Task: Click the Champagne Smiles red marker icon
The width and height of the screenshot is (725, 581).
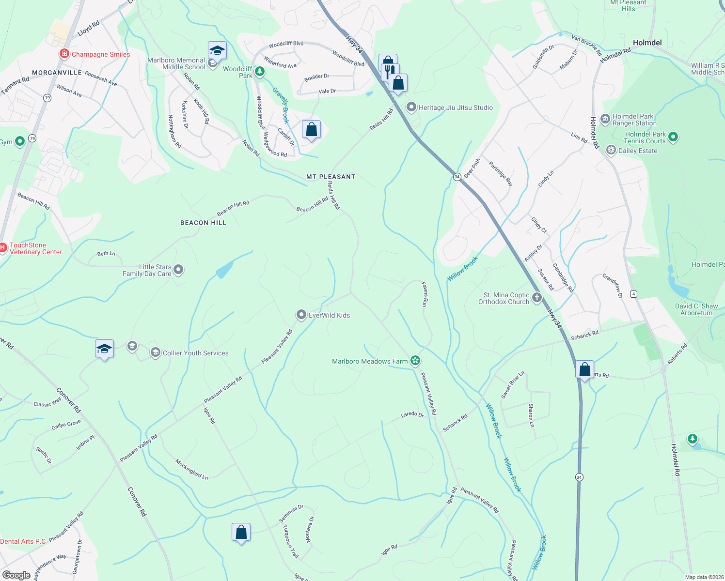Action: [64, 54]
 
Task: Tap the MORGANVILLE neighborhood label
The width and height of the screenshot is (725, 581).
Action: [57, 73]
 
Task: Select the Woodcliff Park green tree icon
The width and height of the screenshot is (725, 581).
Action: [260, 72]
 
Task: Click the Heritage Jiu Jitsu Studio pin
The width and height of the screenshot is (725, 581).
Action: [411, 107]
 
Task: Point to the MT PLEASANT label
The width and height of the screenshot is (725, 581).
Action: [331, 177]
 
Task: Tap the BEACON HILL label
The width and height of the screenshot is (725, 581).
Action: [203, 223]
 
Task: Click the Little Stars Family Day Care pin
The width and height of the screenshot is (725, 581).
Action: [178, 270]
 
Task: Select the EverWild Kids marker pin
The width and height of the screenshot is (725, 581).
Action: [301, 315]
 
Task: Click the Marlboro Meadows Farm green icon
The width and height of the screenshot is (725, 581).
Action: [415, 360]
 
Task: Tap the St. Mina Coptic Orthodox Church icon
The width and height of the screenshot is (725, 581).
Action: [536, 298]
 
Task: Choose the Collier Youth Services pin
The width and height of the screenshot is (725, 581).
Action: [156, 352]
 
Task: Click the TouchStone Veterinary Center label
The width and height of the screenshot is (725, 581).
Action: [36, 249]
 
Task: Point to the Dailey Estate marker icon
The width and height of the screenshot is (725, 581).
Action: [612, 150]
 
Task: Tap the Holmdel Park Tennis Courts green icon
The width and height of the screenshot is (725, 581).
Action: [673, 138]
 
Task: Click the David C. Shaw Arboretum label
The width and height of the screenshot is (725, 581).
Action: [696, 309]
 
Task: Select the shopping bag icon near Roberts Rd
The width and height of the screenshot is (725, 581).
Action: [585, 370]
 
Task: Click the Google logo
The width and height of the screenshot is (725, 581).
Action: [16, 575]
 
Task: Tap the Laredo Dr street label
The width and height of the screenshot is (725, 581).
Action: [412, 414]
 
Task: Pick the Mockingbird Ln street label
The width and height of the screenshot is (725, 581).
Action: [192, 469]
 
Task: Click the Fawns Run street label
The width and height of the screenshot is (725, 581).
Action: [425, 294]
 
